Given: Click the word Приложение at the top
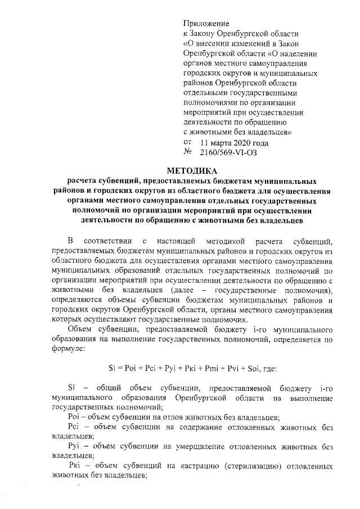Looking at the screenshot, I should coord(206,24).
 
